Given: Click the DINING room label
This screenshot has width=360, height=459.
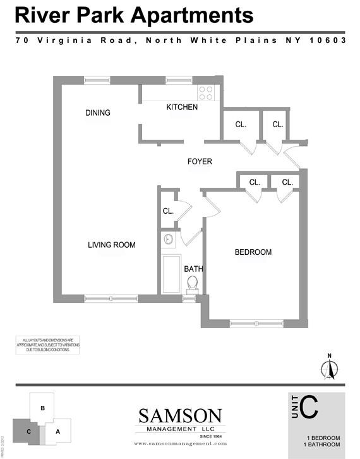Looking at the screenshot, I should click(98, 113).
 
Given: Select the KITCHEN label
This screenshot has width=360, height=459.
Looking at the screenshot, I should click(182, 107).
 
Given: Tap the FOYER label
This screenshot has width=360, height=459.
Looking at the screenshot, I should click(200, 162).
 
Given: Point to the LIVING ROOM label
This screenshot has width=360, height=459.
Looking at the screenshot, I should click(112, 245).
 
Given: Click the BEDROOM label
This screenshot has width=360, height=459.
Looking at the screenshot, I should click(253, 252).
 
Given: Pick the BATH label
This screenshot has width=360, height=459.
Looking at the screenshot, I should click(193, 269).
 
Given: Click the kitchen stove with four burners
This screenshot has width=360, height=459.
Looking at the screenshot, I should click(207, 93).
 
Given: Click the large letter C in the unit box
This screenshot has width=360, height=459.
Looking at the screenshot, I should click(309, 408).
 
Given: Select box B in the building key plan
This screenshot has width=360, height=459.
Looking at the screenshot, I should click(42, 408).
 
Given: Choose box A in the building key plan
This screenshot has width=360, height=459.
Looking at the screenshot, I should click(58, 431).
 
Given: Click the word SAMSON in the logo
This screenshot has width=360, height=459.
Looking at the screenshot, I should click(180, 416).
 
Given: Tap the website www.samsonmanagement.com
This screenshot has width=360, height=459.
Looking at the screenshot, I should click(180, 444).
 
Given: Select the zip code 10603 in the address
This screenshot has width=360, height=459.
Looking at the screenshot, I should click(328, 40).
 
